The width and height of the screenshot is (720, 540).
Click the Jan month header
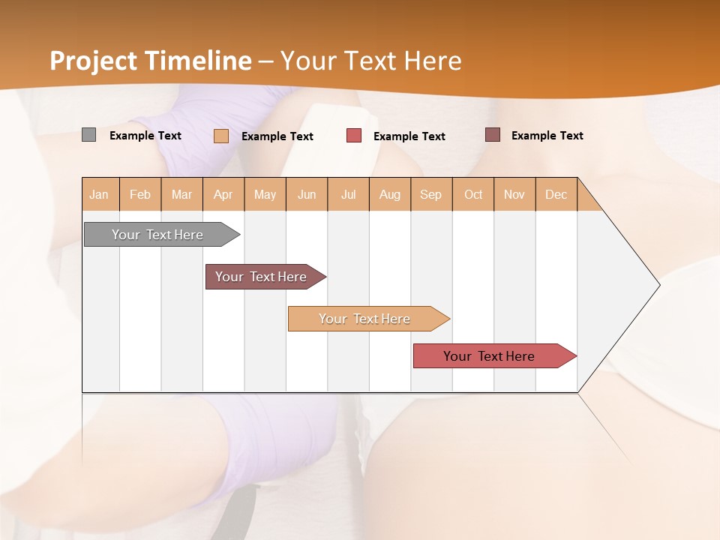99,194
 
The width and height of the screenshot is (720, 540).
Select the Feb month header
140,194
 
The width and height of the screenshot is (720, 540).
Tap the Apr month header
223,194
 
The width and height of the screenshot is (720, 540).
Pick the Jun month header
307,194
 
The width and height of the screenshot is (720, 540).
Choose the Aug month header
389,194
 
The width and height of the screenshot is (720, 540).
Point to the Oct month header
473,194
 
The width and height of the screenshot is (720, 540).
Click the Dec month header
556,194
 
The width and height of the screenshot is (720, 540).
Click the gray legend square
88,135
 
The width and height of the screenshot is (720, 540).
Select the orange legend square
221,136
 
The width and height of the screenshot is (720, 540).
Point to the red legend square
354,136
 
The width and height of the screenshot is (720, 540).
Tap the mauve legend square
492,135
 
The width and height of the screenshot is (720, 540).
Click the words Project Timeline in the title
150,61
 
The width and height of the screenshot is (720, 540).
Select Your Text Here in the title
370,61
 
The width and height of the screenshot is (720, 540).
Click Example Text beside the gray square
145,136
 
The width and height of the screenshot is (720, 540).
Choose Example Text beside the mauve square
547,136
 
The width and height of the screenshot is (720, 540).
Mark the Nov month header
514,194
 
